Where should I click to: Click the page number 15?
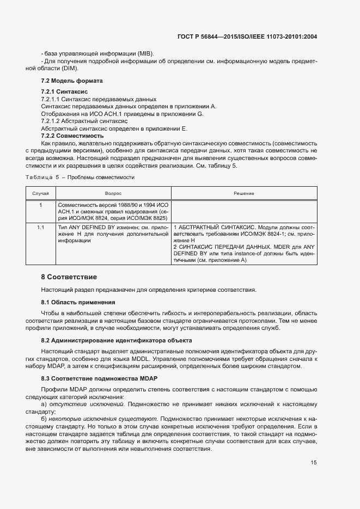(x=314, y=463)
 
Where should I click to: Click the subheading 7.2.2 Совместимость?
(x=72, y=136)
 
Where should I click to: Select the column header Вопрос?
(x=113, y=193)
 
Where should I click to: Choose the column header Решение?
(x=244, y=193)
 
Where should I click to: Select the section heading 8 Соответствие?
(x=69, y=277)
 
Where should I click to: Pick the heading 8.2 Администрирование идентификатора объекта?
(x=115, y=340)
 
